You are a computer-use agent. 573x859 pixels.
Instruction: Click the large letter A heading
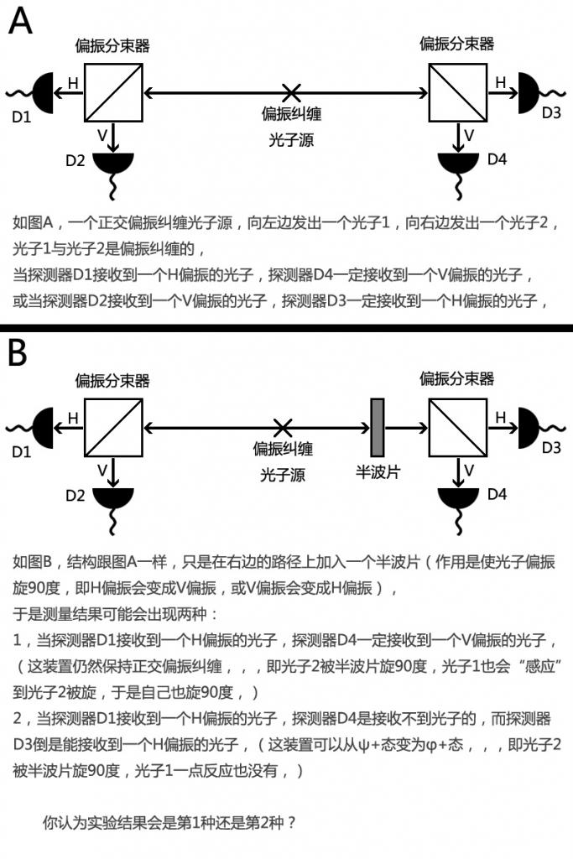(19, 21)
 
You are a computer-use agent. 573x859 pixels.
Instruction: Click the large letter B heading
(18, 353)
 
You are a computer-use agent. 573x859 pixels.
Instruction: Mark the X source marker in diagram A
(291, 91)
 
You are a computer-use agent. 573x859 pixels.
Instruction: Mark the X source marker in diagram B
(284, 427)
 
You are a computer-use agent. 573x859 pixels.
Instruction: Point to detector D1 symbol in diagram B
(41, 427)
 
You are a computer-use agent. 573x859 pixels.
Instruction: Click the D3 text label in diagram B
(550, 448)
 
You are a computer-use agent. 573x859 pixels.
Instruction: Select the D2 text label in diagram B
(76, 495)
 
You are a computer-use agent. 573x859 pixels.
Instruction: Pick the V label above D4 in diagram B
(469, 469)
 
